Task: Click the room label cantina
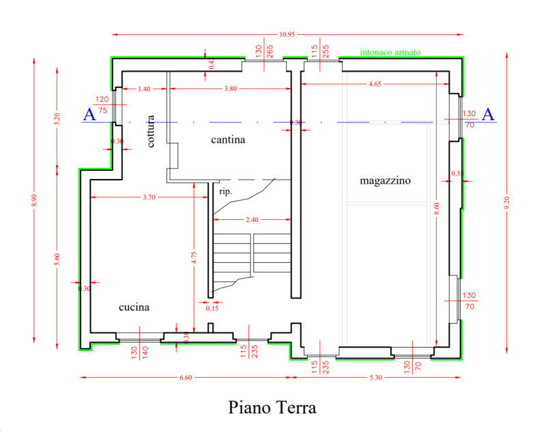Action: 227,140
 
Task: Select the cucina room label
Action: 134,307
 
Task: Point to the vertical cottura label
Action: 151,131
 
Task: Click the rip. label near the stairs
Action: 225,192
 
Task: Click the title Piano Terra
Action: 272,408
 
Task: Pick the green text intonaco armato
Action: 390,52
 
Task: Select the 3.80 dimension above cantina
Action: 232,88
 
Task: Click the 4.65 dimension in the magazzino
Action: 375,83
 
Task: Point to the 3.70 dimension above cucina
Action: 149,197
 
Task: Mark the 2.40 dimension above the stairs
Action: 251,220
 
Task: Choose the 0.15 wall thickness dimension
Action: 212,308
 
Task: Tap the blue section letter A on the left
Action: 89,115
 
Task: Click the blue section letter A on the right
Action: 487,115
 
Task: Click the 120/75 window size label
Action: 102,104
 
